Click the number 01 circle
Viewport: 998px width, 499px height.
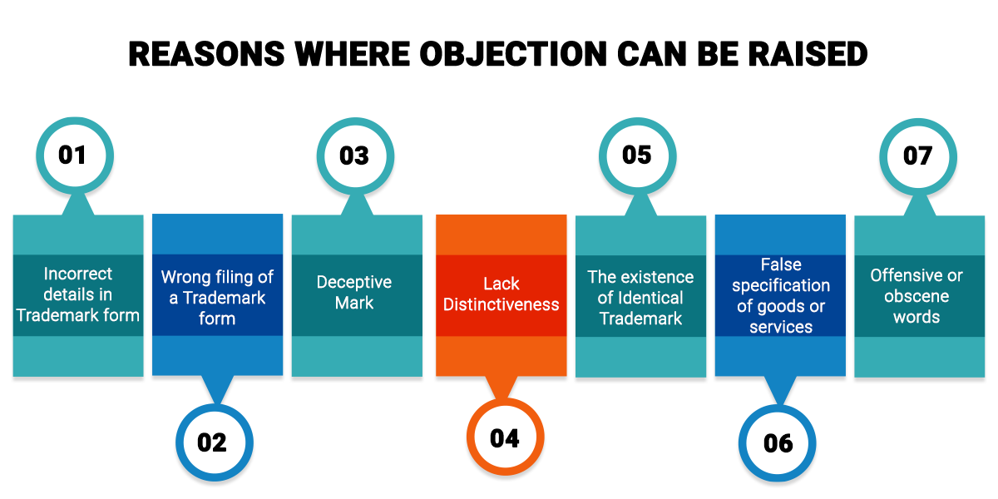(73, 156)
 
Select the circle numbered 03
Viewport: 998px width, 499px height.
(355, 156)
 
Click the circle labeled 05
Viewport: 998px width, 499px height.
(637, 156)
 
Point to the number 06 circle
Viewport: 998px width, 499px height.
(778, 442)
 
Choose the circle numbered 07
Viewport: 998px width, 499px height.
(918, 156)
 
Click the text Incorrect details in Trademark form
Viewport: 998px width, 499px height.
(78, 294)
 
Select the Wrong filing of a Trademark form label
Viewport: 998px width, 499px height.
(217, 298)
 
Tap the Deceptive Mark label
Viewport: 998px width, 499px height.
(355, 293)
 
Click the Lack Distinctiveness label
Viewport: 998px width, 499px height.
(501, 294)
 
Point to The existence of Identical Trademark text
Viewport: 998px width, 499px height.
(640, 298)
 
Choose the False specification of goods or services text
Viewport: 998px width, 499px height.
(781, 295)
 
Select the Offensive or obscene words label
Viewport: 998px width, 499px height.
(916, 296)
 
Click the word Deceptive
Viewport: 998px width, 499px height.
(355, 283)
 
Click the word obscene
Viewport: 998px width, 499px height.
(916, 296)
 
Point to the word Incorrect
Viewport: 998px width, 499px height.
(78, 274)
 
